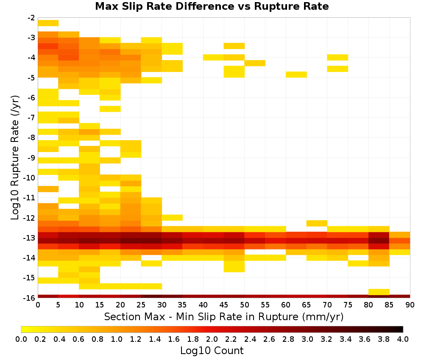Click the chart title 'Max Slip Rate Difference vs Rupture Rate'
click(212, 6)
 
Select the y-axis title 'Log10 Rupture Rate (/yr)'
click(15, 158)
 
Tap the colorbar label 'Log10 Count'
click(212, 351)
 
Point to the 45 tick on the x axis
click(223, 305)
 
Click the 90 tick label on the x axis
click(410, 305)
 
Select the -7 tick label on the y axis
click(31, 118)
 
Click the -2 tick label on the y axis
click(31, 18)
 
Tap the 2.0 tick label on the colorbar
click(212, 339)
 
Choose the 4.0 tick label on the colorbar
click(403, 339)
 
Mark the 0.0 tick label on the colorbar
click(21, 339)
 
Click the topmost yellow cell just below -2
click(48, 23)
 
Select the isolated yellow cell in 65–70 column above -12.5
click(317, 223)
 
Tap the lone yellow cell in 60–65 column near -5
click(296, 75)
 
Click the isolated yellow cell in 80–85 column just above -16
click(379, 292)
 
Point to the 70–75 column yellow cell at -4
click(338, 57)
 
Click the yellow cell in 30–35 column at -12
click(172, 217)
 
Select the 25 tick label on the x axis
click(141, 305)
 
